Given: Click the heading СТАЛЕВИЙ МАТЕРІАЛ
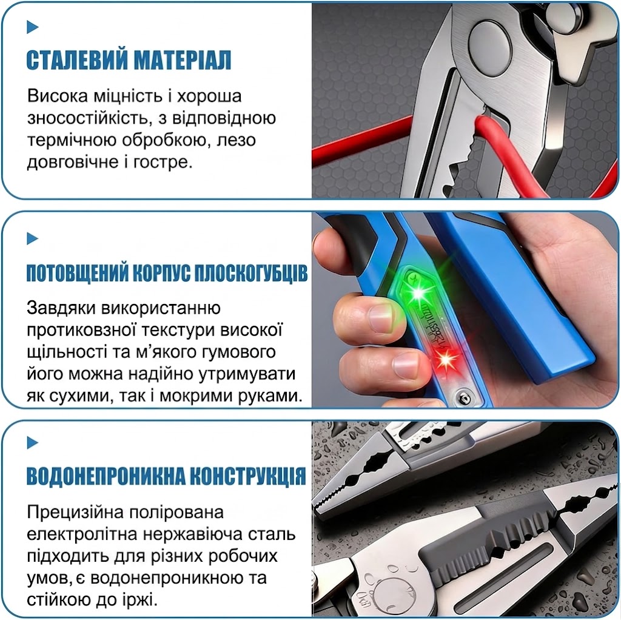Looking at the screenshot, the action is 129,60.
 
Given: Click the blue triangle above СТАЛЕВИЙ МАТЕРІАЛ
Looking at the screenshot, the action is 33,27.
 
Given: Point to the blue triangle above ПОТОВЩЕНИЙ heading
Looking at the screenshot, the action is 33,238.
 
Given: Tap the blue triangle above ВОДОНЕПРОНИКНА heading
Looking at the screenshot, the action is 33,442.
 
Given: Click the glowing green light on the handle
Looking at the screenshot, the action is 418,293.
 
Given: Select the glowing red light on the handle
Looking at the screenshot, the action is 446,359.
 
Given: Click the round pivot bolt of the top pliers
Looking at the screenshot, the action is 489,44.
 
